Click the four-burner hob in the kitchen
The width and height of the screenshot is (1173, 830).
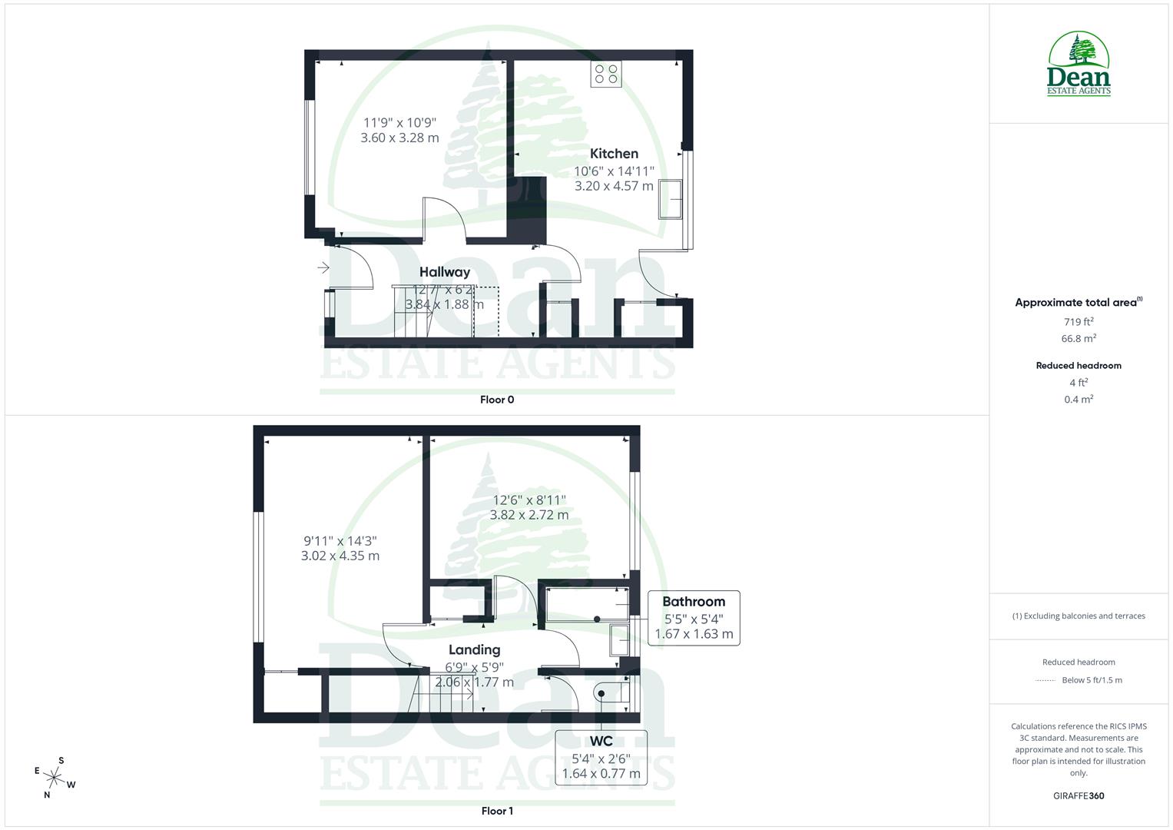coord(605,74)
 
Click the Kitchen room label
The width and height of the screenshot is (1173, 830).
coord(614,154)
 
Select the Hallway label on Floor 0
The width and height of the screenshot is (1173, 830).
coord(445,272)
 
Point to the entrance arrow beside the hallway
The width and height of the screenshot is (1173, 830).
coord(323,267)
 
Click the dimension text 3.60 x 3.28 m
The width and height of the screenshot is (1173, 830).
coord(399,138)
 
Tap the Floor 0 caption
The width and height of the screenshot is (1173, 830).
coord(497,400)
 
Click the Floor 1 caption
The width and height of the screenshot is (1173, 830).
coord(497,811)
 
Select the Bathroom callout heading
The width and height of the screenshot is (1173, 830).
coord(694,602)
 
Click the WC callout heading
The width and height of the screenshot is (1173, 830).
coord(601,741)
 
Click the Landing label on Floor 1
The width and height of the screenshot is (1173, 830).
coord(474,650)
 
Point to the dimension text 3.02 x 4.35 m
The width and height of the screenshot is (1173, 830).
coord(340,556)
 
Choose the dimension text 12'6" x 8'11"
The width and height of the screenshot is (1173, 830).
coord(529,500)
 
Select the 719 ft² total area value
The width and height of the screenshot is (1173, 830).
coord(1079,322)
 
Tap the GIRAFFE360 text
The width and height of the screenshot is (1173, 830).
coord(1079,795)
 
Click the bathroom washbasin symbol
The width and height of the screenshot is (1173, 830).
coord(619,639)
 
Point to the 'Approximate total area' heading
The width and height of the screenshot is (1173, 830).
coord(1078,303)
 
